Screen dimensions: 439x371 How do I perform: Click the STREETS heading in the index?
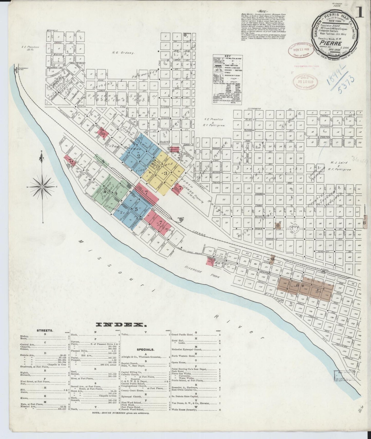point(45,331)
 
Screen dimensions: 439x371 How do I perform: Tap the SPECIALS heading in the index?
point(145,350)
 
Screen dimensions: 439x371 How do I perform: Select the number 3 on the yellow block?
point(166,173)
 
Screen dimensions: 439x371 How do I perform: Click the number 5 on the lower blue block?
point(136,209)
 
